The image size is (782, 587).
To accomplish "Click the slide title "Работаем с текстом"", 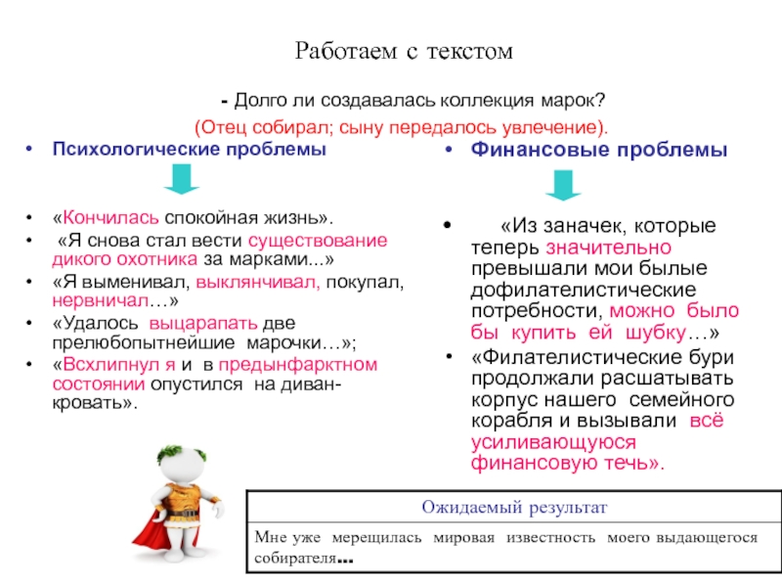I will pos(404,52).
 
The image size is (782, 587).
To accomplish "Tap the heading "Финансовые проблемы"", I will pos(599,152).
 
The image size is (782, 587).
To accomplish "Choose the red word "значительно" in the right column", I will pos(606,248).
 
